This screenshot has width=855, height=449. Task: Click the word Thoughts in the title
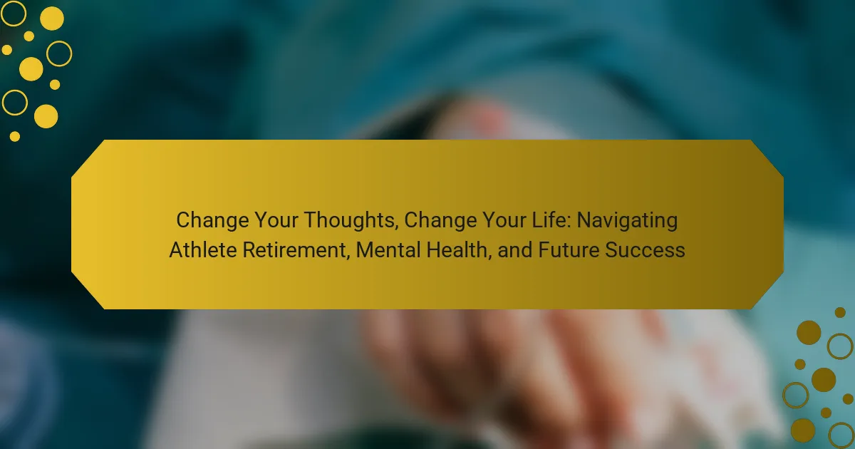coord(351,221)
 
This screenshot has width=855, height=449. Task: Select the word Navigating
coord(627,221)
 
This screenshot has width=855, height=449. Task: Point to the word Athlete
coord(202,249)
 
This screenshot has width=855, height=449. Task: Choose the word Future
coord(568,249)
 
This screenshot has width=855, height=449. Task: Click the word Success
coord(645,249)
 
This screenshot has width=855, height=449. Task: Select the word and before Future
coord(515,249)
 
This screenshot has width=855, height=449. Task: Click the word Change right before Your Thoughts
coord(212,221)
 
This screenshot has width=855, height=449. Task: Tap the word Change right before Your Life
coord(440,221)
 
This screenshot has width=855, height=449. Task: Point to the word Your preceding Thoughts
coord(276,220)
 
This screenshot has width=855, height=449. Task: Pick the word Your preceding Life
coord(504,220)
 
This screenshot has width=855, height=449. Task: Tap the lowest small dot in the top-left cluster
coord(14,136)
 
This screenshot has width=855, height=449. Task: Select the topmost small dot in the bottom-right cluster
coord(840,312)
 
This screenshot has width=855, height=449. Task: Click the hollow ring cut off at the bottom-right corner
coord(829,435)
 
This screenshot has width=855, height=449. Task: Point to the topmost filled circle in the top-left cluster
coord(52,19)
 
